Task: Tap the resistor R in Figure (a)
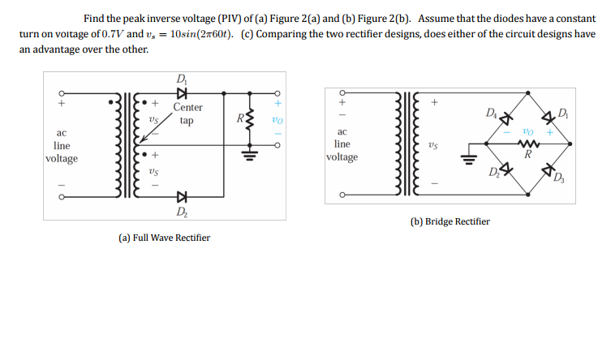(x=251, y=120)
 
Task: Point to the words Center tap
(x=187, y=114)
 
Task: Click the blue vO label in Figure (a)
(x=277, y=119)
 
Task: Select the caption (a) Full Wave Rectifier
(x=165, y=238)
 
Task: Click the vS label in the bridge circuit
(x=433, y=146)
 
